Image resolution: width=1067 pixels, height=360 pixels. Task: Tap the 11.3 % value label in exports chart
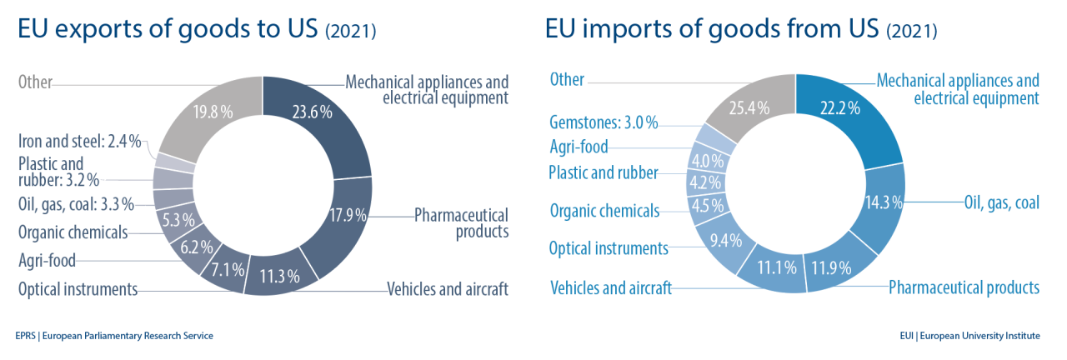(x=281, y=277)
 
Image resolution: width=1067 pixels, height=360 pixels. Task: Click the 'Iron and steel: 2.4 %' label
(x=79, y=141)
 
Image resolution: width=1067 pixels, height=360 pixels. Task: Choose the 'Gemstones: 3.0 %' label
(x=604, y=123)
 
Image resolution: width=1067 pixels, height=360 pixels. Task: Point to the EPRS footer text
(x=114, y=336)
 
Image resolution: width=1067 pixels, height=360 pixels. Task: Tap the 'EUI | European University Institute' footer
(x=969, y=336)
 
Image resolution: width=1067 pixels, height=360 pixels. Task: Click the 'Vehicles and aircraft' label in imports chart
(x=611, y=288)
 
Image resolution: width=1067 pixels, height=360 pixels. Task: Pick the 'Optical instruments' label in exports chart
(x=78, y=290)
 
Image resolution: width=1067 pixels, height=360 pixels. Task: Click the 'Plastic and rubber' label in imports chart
(x=604, y=173)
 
